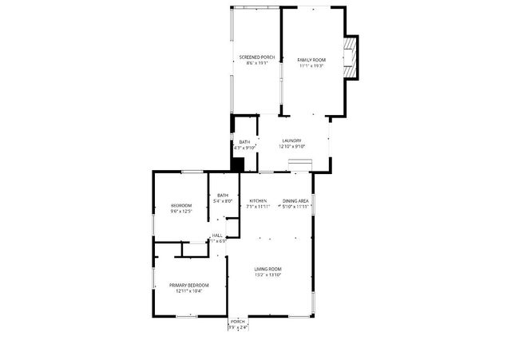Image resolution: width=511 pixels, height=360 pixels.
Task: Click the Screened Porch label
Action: [257, 57]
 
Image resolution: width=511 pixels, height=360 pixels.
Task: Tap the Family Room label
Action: [311, 60]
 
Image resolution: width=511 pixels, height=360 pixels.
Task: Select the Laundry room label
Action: [291, 141]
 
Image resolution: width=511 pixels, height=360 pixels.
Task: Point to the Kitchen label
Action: [258, 200]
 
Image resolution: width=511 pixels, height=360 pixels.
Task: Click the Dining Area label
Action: [295, 200]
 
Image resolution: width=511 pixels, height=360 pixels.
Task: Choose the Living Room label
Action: [268, 269]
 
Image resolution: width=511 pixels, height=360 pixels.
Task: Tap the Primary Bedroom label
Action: [189, 285]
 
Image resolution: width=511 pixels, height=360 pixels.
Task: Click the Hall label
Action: [217, 235]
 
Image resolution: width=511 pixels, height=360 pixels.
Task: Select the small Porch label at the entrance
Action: [238, 322]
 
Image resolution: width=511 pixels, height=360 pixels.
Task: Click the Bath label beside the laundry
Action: [244, 142]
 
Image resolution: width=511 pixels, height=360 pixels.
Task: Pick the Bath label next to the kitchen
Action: [223, 196]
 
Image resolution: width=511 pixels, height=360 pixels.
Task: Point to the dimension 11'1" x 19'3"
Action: [311, 65]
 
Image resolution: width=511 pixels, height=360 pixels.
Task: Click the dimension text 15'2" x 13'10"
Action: [268, 275]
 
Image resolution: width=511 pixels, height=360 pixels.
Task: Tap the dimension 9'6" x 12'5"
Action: [181, 212]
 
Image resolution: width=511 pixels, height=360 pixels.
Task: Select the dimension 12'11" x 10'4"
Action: [189, 291]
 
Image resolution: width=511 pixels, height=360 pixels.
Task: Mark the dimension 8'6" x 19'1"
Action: [257, 63]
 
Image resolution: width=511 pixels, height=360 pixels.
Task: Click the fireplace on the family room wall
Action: [351, 59]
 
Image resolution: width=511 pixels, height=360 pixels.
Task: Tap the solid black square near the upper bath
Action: [237, 164]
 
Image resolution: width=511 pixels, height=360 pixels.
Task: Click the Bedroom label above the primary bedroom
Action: [181, 206]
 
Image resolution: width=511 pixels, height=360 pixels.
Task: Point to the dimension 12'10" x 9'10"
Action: [291, 147]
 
